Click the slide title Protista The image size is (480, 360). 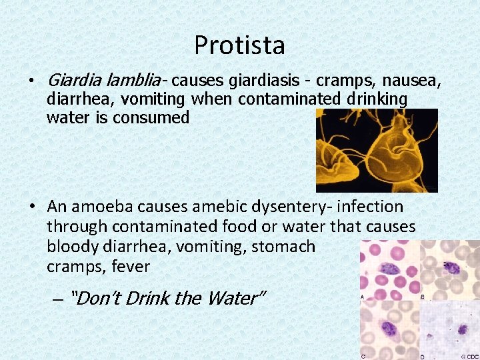[x=239, y=45]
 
